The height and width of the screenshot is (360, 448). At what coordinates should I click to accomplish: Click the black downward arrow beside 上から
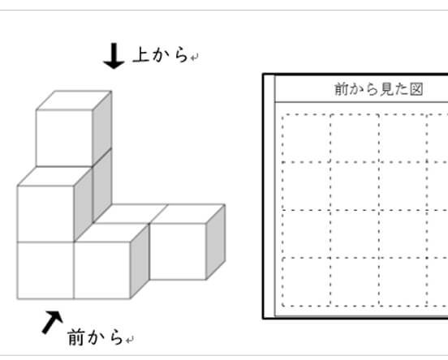(x=114, y=56)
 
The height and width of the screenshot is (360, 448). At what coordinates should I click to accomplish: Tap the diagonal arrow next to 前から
(x=52, y=322)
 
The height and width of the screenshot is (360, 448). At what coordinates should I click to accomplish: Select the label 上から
(x=161, y=54)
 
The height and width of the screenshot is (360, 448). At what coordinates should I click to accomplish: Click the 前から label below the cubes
(x=96, y=336)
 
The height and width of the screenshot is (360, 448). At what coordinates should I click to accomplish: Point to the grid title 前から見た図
(x=378, y=89)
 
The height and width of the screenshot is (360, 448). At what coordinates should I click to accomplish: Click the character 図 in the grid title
(x=416, y=89)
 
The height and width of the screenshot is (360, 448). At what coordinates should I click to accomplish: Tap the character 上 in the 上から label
(x=141, y=54)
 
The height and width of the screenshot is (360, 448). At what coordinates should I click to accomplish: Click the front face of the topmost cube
(x=64, y=138)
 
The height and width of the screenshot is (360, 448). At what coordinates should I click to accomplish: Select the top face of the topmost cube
(x=74, y=101)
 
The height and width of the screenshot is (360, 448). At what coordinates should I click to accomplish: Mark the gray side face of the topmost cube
(x=102, y=128)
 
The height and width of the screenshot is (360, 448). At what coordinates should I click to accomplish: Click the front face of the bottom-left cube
(x=45, y=270)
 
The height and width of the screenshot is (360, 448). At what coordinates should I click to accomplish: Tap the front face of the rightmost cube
(x=178, y=251)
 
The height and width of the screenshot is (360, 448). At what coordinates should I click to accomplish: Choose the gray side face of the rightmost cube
(x=216, y=242)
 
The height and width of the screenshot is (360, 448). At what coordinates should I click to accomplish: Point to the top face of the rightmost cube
(x=187, y=214)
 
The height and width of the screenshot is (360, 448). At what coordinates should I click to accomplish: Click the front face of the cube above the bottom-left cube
(x=45, y=214)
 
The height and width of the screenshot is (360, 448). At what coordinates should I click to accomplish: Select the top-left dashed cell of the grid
(x=306, y=138)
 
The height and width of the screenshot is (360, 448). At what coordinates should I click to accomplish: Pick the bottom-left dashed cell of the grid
(x=306, y=282)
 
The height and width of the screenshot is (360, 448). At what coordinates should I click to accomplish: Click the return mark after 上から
(x=194, y=58)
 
